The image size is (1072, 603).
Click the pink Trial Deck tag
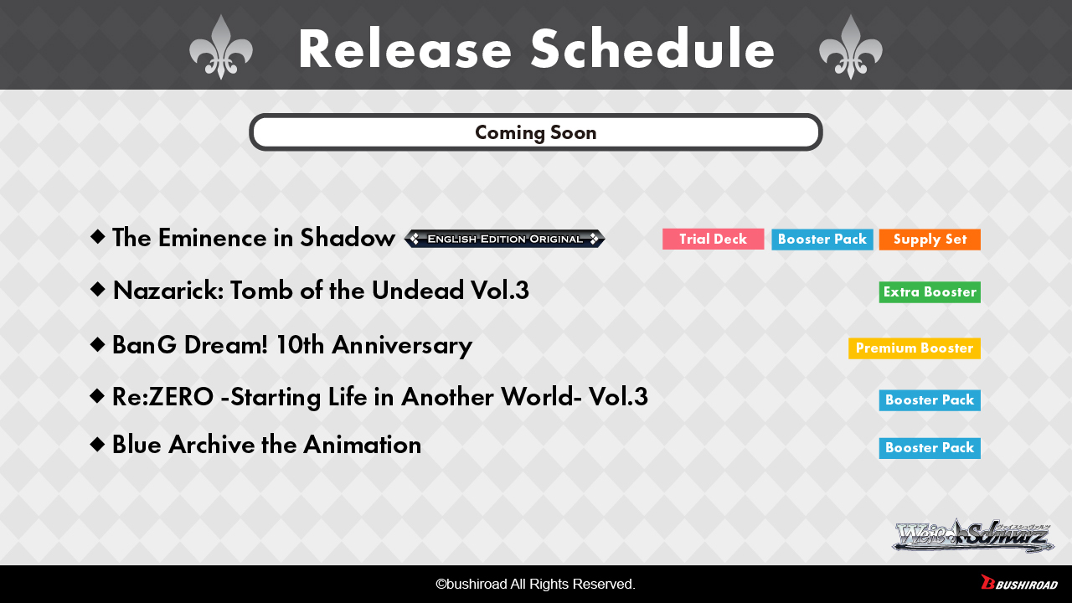(713, 239)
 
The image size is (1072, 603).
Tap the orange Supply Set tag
(930, 239)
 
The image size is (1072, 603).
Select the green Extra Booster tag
(930, 292)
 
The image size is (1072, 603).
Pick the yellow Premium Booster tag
(914, 348)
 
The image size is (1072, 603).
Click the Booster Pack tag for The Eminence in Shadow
(822, 239)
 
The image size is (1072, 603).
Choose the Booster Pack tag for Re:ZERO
(930, 400)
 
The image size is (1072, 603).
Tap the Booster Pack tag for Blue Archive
(930, 448)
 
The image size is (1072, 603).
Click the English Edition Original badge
(504, 239)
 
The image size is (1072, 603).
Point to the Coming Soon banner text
(535, 132)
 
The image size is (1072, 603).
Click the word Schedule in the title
(652, 49)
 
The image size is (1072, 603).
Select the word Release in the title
(405, 49)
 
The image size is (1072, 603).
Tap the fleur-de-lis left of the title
(220, 47)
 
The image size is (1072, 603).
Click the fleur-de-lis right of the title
(850, 47)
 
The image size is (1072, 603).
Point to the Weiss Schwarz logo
(972, 535)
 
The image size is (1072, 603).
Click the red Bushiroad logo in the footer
(1019, 583)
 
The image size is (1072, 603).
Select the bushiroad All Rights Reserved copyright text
(535, 584)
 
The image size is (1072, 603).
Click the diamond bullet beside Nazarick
(98, 289)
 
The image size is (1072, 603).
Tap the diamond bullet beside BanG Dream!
(98, 344)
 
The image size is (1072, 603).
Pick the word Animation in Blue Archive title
(363, 445)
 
